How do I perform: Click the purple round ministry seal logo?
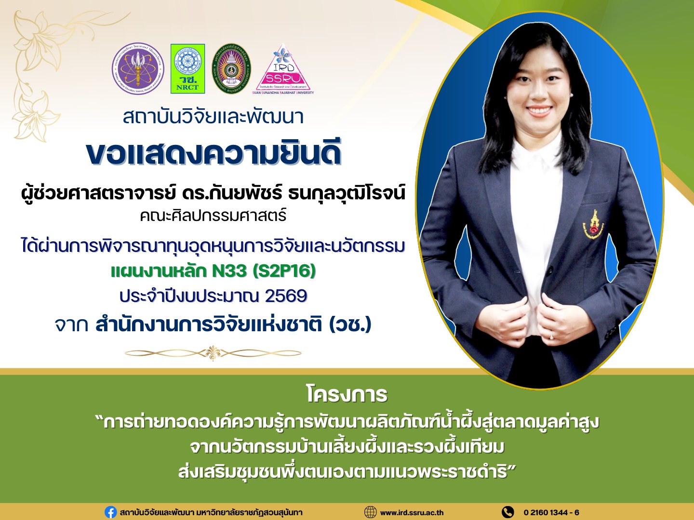(x=138, y=69)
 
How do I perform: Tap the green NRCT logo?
(x=187, y=68)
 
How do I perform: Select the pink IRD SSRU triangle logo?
(x=283, y=69)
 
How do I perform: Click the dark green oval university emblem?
(x=231, y=68)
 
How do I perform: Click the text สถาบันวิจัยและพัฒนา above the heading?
(x=214, y=117)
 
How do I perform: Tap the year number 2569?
(x=286, y=296)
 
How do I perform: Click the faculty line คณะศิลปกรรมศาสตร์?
(x=214, y=216)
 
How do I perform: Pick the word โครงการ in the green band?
(x=347, y=395)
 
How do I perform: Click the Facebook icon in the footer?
(x=110, y=512)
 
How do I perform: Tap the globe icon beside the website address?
(x=370, y=512)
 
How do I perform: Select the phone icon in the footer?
(x=508, y=512)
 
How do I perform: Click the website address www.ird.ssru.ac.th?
(x=412, y=513)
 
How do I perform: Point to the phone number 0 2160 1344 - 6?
(x=551, y=512)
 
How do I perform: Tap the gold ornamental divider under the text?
(x=213, y=353)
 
